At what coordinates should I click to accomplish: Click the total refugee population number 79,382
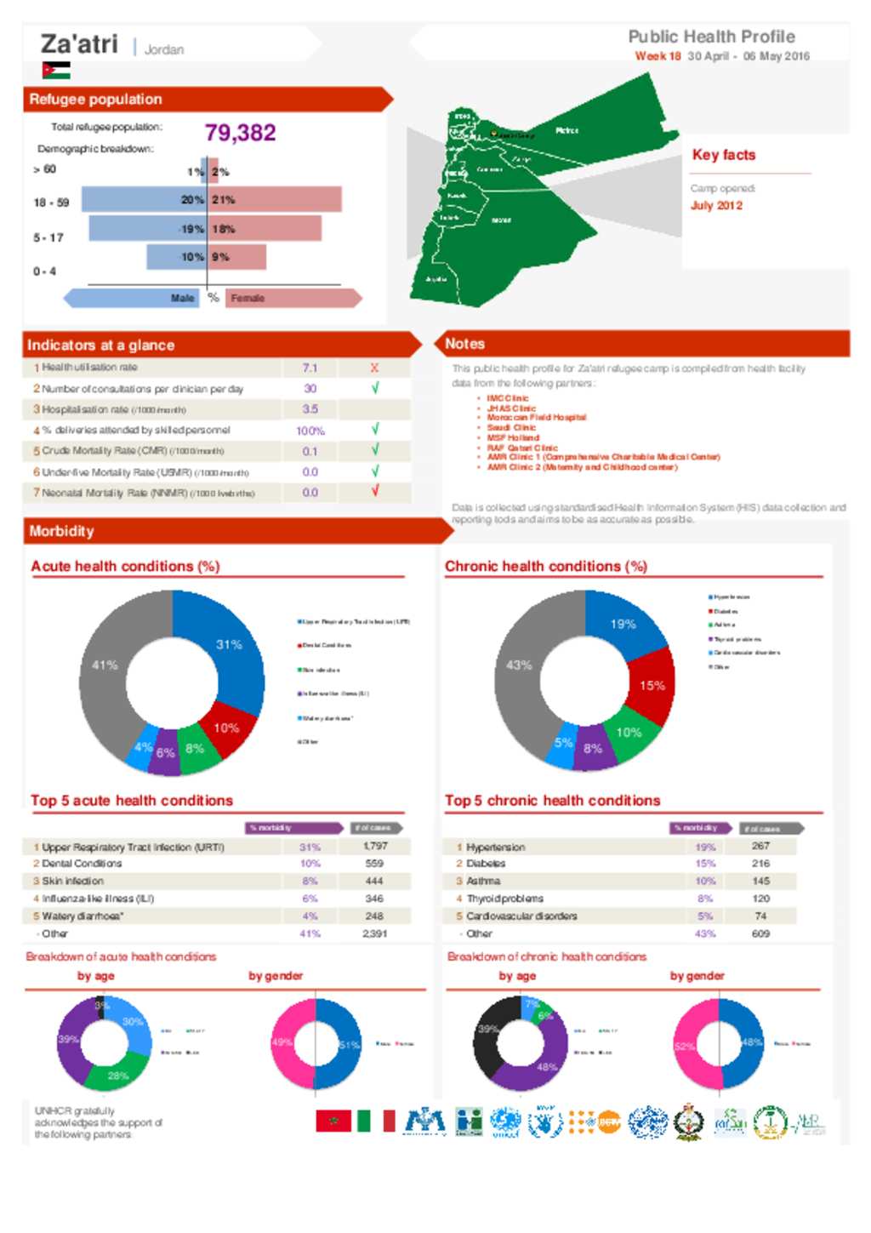coord(240,133)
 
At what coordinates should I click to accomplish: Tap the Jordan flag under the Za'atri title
coord(56,71)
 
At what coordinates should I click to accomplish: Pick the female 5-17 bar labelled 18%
coord(265,228)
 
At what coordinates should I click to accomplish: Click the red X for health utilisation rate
coord(374,368)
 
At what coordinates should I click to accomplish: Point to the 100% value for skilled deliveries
coord(310,431)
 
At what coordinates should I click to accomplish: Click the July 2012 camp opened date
coord(716,205)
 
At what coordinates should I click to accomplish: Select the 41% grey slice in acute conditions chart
coord(105,665)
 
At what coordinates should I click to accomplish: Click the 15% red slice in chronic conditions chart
coord(652,685)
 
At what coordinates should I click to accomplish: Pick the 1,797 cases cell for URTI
coord(375,846)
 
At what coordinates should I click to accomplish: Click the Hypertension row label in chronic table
coord(496,847)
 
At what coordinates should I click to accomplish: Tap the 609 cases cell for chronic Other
coord(760,933)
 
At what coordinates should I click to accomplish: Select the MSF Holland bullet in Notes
coord(513,437)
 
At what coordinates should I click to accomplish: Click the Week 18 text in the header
coord(658,56)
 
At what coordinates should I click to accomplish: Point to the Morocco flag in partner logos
coord(333,1122)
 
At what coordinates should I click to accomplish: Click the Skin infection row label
coord(73,881)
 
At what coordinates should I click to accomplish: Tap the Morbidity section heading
coord(62,531)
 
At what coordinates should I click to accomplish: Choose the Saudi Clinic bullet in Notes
coord(511,427)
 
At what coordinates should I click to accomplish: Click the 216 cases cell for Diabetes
coord(760,863)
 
